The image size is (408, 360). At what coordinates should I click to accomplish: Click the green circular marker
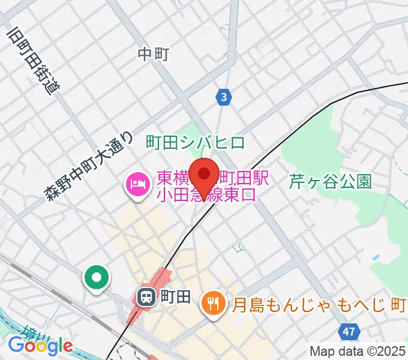(x=97, y=277)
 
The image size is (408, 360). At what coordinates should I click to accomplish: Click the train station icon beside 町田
(x=146, y=296)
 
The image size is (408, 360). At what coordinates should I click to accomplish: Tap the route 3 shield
(x=224, y=97)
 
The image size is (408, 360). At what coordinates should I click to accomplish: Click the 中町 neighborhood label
(x=153, y=55)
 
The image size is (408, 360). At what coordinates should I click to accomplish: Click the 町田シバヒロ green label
(x=196, y=142)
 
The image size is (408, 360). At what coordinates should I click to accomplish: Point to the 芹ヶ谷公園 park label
(x=330, y=181)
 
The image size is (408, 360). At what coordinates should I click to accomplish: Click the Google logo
(x=40, y=346)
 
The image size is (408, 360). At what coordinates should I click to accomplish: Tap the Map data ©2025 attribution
(x=358, y=352)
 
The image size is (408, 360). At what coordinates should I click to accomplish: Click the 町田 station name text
(x=176, y=296)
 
